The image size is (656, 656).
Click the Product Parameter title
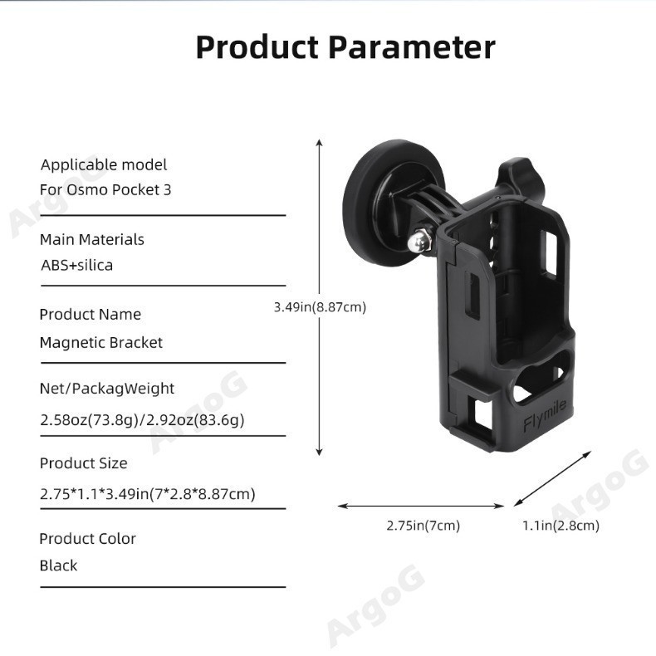click(345, 47)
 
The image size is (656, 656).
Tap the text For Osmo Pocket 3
click(105, 189)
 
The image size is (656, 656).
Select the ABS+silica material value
click(76, 266)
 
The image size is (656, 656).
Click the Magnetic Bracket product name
click(101, 342)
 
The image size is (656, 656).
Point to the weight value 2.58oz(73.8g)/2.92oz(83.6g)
click(142, 420)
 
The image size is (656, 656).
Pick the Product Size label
click(83, 463)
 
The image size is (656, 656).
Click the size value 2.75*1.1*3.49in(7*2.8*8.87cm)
click(147, 494)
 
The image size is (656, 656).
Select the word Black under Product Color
click(58, 565)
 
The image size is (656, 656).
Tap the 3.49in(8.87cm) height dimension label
click(320, 307)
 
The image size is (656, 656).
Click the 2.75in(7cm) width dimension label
click(423, 525)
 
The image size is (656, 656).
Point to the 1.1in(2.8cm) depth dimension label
click(561, 525)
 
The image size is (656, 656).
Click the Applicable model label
click(104, 164)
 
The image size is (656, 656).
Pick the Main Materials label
click(92, 239)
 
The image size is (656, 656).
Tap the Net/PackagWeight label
click(107, 388)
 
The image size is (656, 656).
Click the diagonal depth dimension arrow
click(553, 478)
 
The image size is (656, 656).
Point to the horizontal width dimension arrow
click(420, 505)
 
